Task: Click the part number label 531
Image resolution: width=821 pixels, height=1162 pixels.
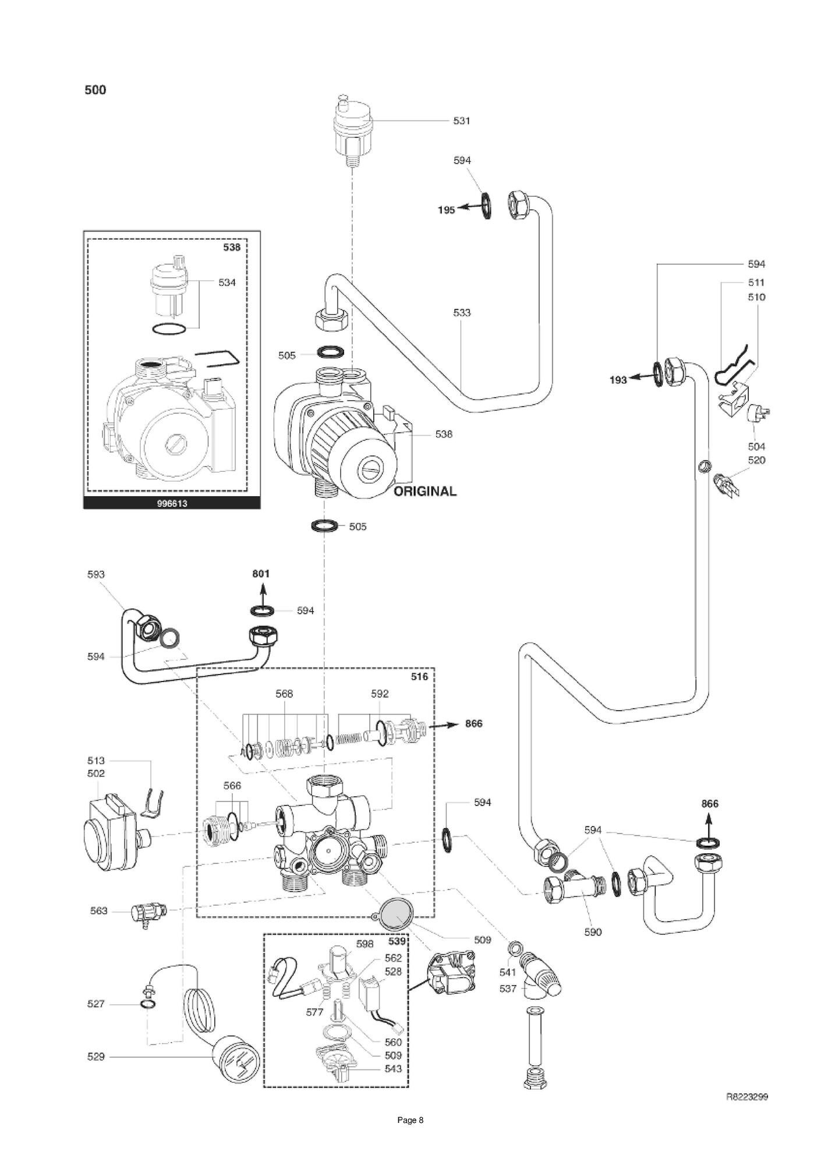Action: click(x=462, y=121)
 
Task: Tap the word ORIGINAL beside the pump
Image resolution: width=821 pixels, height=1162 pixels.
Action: click(x=425, y=491)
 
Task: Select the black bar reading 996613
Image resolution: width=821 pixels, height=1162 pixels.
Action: click(x=172, y=503)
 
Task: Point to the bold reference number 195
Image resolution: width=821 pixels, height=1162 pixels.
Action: click(x=446, y=210)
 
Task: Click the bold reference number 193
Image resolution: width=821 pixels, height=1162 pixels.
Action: click(x=618, y=380)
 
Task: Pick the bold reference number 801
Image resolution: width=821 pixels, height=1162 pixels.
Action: click(x=261, y=574)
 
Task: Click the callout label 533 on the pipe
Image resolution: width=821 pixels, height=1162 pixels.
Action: click(x=462, y=313)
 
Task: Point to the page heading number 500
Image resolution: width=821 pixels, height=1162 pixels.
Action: click(x=95, y=90)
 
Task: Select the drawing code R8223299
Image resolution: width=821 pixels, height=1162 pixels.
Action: click(x=747, y=1097)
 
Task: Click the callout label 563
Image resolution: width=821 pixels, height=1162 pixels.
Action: click(x=98, y=911)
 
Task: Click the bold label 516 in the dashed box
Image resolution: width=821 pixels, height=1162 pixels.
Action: click(x=419, y=677)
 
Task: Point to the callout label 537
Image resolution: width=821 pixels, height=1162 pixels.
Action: click(x=508, y=988)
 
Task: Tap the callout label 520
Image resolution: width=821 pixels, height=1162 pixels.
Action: click(x=756, y=460)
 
